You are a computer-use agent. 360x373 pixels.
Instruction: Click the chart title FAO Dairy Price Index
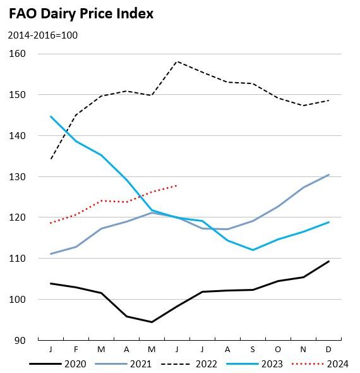coord(81,13)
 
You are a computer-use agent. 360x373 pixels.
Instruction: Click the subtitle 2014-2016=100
coord(42,35)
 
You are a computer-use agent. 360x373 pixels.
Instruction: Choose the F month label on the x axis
coord(76,350)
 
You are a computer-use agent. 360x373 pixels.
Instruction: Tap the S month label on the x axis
coord(253,350)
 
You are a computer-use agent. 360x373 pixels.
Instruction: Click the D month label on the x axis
coord(328,350)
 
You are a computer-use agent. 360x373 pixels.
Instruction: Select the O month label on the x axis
coord(278,350)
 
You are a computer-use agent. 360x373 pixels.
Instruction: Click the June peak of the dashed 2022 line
coord(177,61)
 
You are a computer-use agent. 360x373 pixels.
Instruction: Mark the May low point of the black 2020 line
coord(152,322)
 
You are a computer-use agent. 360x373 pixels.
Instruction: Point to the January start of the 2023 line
coord(51,116)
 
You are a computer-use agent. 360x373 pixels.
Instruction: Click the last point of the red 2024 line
coord(177,186)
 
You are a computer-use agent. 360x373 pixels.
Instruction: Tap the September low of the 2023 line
coord(253,250)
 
